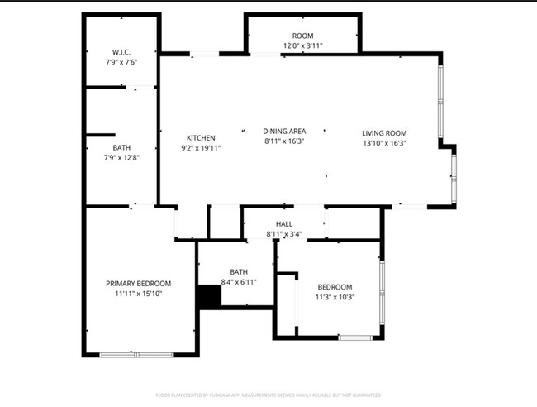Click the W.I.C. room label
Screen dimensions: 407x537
121,52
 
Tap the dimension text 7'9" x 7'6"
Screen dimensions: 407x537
121,62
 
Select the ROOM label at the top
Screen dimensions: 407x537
302,36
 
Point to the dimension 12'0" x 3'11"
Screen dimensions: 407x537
302,46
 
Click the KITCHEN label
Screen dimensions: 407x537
201,138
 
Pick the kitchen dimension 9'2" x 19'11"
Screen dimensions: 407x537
201,148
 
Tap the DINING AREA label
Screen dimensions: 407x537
284,131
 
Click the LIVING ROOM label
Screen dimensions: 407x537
384,133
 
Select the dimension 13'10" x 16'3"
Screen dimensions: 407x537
384,143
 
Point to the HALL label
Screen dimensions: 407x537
284,224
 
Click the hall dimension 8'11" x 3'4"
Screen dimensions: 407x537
284,234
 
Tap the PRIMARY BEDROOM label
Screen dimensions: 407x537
138,284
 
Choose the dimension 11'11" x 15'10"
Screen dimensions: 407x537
138,294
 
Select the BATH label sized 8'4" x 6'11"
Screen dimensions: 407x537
239,271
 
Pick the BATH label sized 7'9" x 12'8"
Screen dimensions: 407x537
121,147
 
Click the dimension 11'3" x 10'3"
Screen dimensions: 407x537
335,297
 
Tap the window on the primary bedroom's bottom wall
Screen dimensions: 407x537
136,355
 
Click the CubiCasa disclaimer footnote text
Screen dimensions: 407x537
268,395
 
